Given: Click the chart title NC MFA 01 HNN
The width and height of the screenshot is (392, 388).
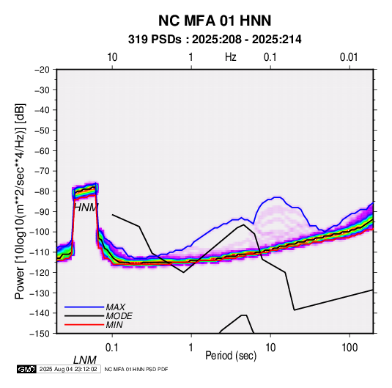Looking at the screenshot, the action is click(215, 21).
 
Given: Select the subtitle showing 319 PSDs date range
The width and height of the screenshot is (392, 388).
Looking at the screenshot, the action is click(215, 40).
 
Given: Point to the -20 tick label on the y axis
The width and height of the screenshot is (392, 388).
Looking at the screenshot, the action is click(42, 70).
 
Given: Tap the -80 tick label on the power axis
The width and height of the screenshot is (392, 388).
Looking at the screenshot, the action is click(42, 191).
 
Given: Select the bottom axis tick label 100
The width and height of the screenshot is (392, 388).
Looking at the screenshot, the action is click(350, 348).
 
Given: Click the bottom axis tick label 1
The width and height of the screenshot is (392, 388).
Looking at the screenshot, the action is click(191, 348).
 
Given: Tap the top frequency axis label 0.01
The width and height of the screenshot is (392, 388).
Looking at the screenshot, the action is click(349, 57).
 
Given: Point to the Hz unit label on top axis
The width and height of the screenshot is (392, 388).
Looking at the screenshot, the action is click(231, 57).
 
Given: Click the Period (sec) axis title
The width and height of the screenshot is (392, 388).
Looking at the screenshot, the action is click(231, 356).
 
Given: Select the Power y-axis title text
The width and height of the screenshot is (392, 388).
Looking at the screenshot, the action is click(20, 202).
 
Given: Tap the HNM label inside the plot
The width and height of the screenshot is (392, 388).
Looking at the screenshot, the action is click(86, 208).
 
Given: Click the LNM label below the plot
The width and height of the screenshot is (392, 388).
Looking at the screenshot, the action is click(85, 360).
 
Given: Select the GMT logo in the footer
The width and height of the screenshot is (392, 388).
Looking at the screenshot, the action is click(26, 369).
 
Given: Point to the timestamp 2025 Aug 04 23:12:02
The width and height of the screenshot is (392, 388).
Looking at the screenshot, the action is click(68, 369).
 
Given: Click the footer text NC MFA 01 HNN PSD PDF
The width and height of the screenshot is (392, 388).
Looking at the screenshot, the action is click(136, 369).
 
